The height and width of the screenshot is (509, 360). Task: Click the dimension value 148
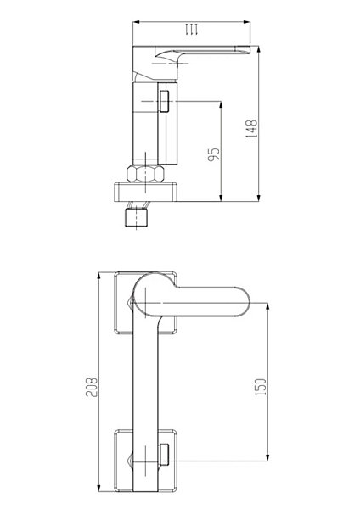coord(251,129)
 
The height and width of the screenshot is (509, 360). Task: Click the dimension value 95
coord(213,154)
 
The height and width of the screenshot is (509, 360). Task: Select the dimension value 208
coord(92,387)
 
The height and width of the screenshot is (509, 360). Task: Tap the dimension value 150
coord(261,387)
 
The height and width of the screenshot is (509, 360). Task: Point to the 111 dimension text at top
coord(191,29)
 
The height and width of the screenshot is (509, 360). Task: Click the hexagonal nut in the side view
coord(145,174)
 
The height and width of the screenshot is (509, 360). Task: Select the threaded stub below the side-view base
coord(137,217)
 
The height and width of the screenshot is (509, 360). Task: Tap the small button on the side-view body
coord(164,101)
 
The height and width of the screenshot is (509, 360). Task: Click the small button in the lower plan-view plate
coord(164,455)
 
